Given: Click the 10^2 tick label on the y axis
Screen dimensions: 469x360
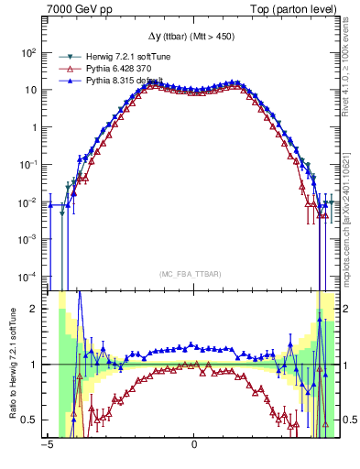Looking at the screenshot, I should pyautogui.click(x=30, y=53).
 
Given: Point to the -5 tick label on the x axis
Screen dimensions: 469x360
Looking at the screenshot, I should pyautogui.click(x=47, y=446).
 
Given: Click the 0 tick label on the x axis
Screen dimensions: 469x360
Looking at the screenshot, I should pyautogui.click(x=194, y=446).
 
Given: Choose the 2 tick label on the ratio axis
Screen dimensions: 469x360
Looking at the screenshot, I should pyautogui.click(x=37, y=309).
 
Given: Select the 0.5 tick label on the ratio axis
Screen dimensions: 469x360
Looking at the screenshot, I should pyautogui.click(x=33, y=420).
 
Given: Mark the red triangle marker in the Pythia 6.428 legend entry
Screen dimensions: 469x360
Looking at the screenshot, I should pyautogui.click(x=64, y=69).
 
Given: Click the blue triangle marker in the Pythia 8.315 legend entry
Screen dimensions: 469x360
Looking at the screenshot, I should pyautogui.click(x=64, y=81).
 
